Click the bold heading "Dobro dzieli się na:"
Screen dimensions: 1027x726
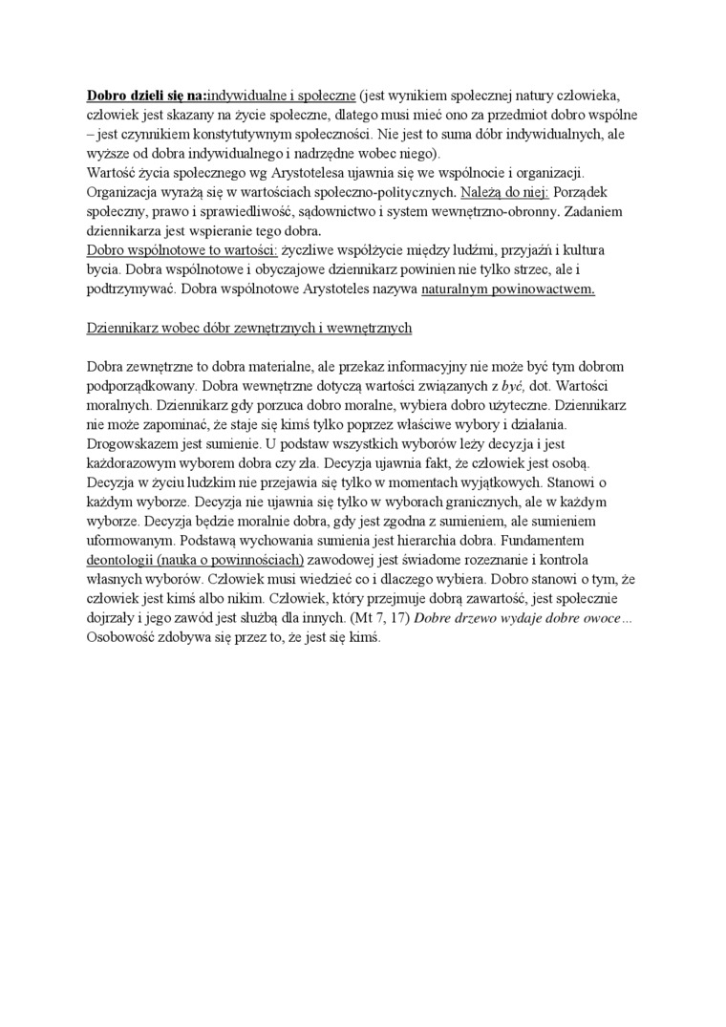click(146, 96)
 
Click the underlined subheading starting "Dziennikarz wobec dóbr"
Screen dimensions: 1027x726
click(249, 328)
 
